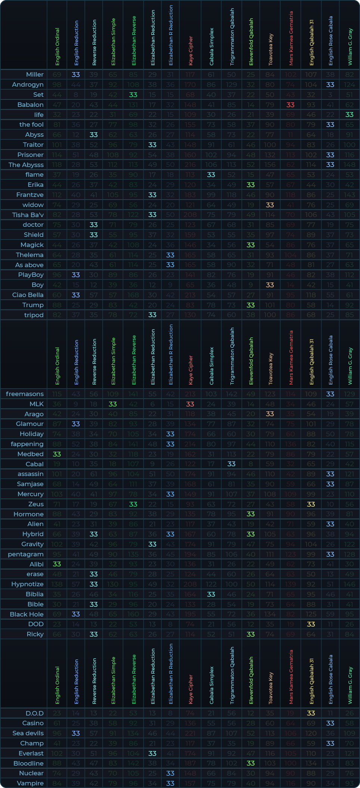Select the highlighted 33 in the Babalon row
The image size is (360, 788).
[291, 105]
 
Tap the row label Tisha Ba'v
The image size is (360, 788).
[28, 214]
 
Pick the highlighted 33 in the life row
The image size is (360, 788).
[349, 115]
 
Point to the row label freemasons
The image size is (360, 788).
[25, 394]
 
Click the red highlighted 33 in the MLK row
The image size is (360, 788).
[190, 404]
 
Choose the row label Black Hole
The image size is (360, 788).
[27, 614]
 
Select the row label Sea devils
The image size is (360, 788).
[28, 733]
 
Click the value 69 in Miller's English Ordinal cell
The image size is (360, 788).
[57, 75]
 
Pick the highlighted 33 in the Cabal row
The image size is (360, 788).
[232, 464]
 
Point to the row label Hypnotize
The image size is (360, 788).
[28, 584]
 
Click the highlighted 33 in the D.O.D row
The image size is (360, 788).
[311, 713]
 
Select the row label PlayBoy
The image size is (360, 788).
[31, 275]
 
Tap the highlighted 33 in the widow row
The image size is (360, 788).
[270, 205]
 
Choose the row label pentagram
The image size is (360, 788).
[26, 554]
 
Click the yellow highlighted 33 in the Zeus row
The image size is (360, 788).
[311, 504]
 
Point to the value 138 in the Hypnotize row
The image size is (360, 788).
[57, 584]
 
